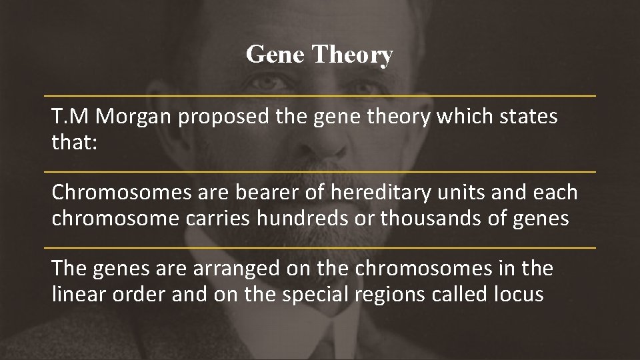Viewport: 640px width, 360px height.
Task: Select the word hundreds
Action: pos(315,218)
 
